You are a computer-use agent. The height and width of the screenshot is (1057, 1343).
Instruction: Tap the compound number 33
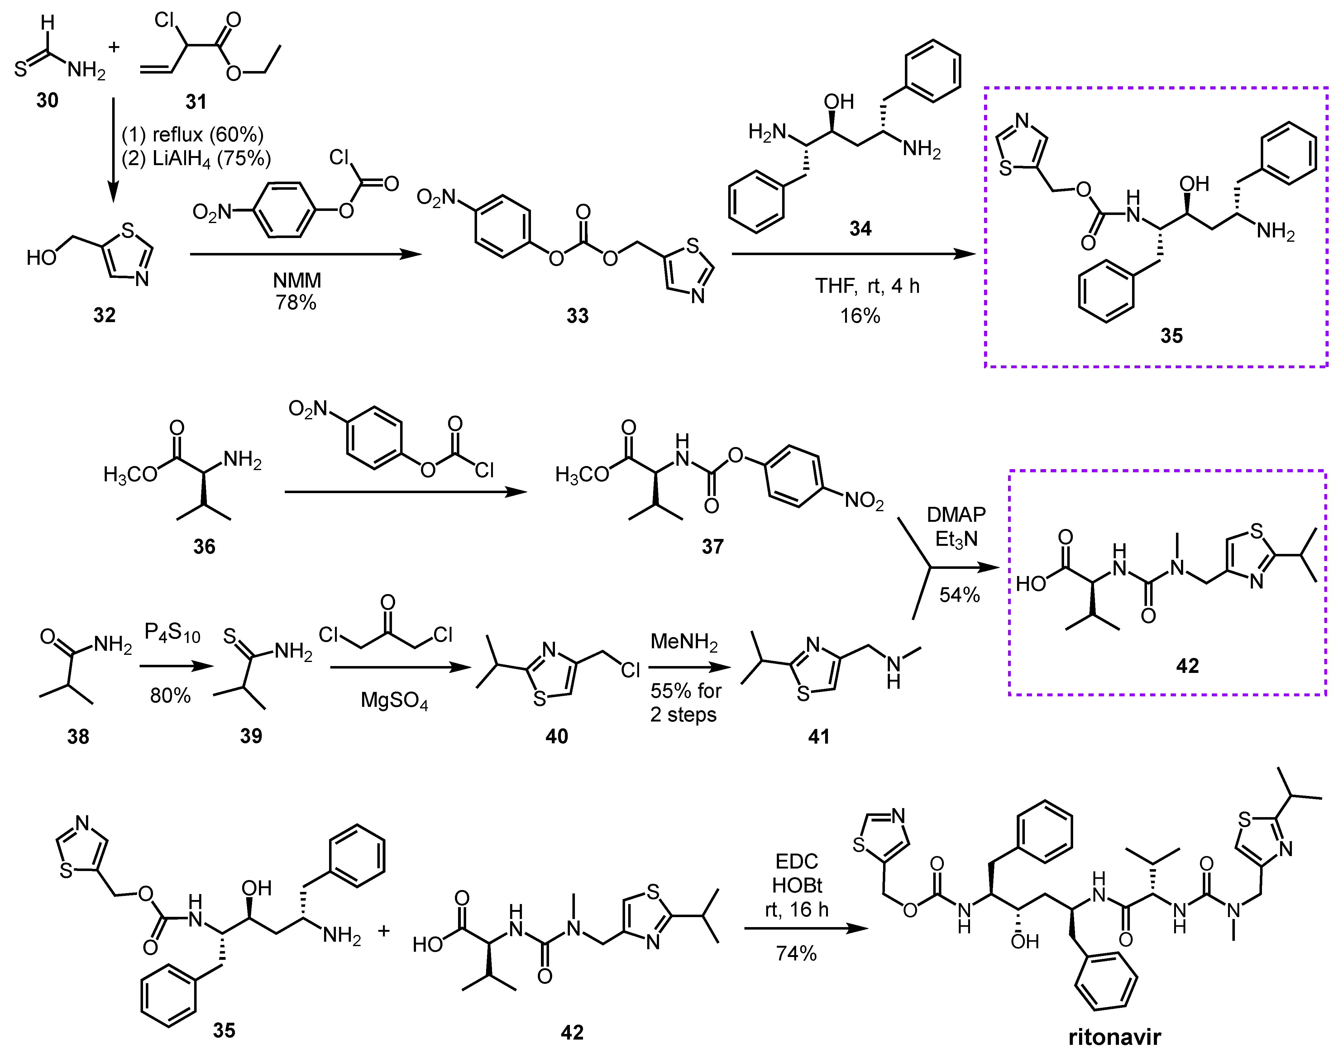[x=577, y=316]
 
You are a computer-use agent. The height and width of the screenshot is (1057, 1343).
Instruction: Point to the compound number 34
[x=860, y=229]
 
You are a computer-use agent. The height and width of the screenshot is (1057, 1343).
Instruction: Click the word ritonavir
[x=1115, y=1036]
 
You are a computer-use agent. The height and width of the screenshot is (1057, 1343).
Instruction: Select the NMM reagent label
[x=297, y=280]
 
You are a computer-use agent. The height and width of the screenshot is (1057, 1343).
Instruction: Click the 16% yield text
[x=860, y=316]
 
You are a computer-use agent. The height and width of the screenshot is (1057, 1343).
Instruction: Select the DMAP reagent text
[x=956, y=514]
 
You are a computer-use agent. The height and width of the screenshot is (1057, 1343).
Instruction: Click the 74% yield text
[x=796, y=953]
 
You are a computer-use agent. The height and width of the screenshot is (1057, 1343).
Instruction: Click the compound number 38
[x=78, y=736]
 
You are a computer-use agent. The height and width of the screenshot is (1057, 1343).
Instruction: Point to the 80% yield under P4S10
[x=170, y=696]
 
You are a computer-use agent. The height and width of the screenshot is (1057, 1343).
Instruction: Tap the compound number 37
[x=712, y=546]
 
